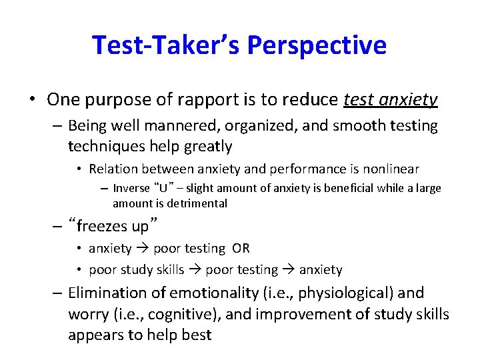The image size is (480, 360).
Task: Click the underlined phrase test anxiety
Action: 391,100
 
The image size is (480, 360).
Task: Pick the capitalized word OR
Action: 241,249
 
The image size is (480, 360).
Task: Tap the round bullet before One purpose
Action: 32,100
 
